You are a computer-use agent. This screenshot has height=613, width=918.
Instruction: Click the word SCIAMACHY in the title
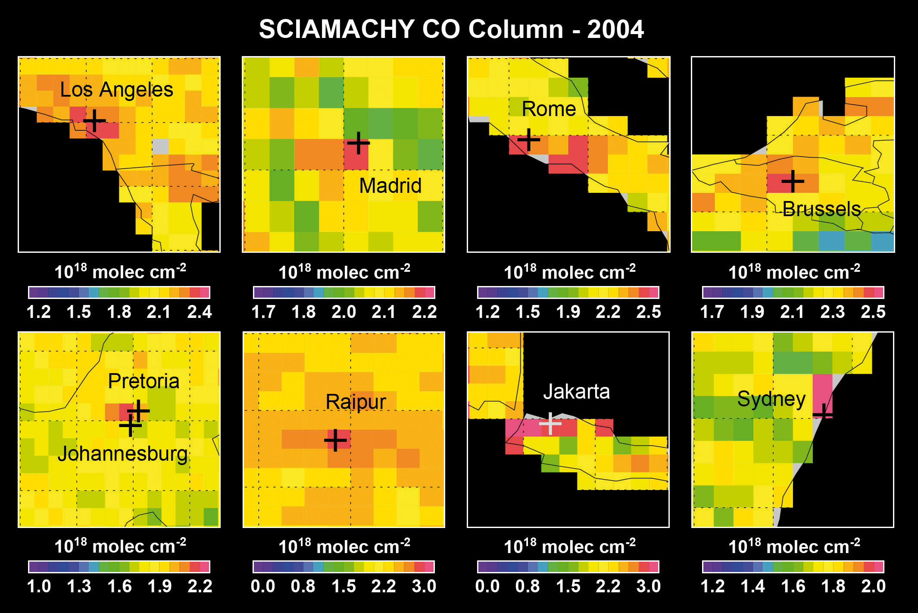pyautogui.click(x=337, y=29)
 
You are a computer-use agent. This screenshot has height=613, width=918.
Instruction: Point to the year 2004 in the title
pyautogui.click(x=615, y=29)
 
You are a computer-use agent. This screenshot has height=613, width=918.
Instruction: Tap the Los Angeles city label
pyautogui.click(x=116, y=90)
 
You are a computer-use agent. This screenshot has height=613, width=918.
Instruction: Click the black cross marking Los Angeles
pyautogui.click(x=94, y=120)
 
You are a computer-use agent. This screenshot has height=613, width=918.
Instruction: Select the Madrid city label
pyautogui.click(x=390, y=186)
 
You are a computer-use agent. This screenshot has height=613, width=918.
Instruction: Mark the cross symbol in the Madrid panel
pyautogui.click(x=358, y=143)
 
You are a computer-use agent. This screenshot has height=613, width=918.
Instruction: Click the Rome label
pyautogui.click(x=549, y=109)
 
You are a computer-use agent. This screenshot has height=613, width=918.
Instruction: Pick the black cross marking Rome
pyautogui.click(x=528, y=140)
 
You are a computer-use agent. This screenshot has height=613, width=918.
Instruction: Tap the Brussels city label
pyautogui.click(x=821, y=209)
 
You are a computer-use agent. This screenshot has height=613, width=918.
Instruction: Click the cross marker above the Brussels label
pyautogui.click(x=793, y=181)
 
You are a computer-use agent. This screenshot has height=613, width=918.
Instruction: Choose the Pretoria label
pyautogui.click(x=144, y=381)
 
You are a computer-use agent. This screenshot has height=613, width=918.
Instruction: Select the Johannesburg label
pyautogui.click(x=123, y=454)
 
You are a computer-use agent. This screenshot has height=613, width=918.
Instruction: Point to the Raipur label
pyautogui.click(x=356, y=402)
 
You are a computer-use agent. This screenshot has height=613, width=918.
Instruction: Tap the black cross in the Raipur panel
pyautogui.click(x=335, y=440)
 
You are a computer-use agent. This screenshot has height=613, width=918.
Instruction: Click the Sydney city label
pyautogui.click(x=771, y=399)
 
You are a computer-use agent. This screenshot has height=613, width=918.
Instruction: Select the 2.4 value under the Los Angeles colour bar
pyautogui.click(x=200, y=312)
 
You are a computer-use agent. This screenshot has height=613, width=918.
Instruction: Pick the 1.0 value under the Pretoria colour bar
pyautogui.click(x=39, y=586)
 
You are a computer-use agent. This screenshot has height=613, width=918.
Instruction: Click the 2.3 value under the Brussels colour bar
pyautogui.click(x=833, y=312)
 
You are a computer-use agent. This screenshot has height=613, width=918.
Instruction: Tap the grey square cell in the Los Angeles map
pyautogui.click(x=160, y=146)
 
